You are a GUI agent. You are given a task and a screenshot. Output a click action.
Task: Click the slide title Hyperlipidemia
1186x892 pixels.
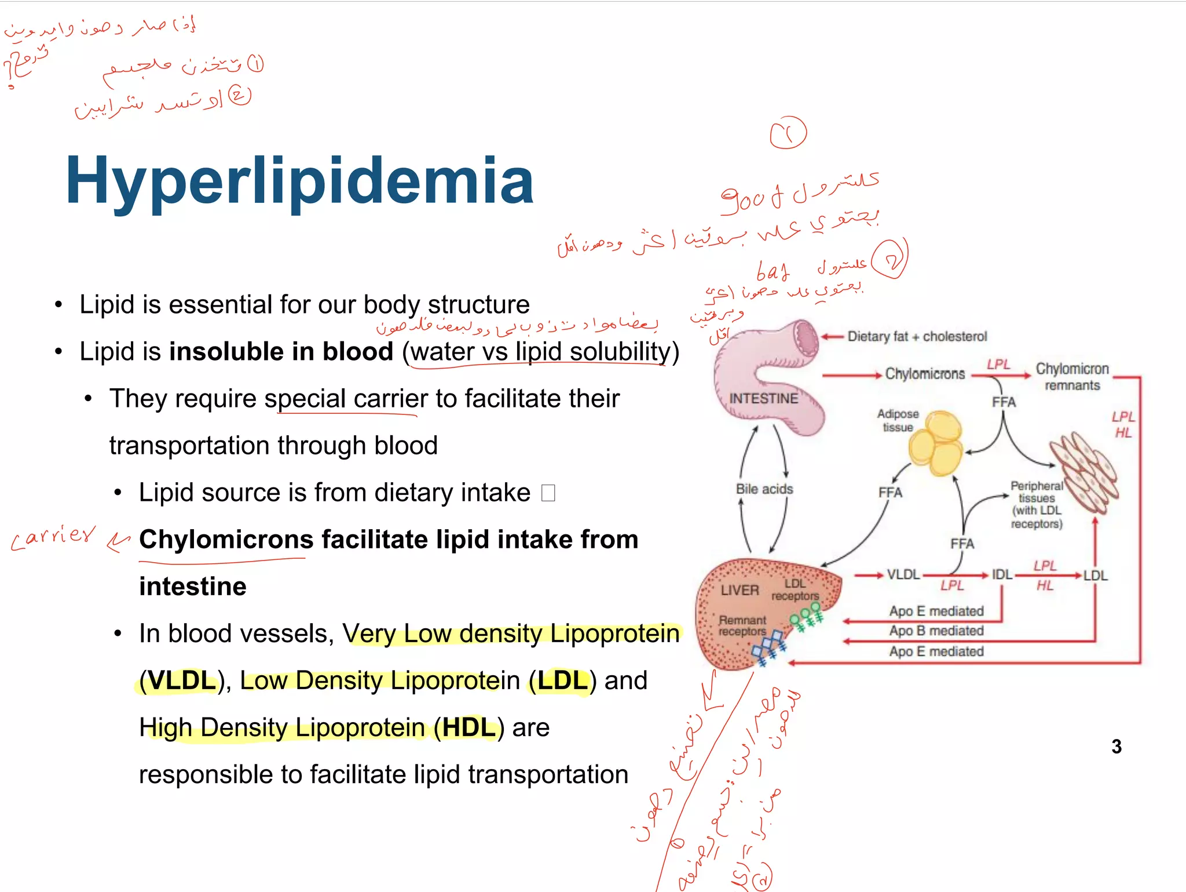click(x=299, y=181)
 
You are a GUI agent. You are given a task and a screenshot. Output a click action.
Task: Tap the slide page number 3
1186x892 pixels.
click(x=1116, y=747)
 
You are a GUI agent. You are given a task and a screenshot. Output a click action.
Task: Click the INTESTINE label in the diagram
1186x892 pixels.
click(x=763, y=399)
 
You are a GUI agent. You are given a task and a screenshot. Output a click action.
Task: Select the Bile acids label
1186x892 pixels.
click(x=764, y=489)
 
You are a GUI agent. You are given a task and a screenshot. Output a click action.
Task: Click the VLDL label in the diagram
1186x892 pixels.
click(x=903, y=575)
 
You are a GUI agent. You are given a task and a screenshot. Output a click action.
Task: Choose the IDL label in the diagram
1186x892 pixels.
click(x=1002, y=575)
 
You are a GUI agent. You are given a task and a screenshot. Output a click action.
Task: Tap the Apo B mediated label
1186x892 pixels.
click(x=936, y=631)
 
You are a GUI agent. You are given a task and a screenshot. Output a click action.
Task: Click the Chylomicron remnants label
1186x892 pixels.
click(x=1072, y=377)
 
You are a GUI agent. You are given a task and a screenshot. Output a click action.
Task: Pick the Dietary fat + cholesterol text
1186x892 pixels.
click(x=917, y=337)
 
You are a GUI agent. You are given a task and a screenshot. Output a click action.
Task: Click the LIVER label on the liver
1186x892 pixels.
click(x=740, y=591)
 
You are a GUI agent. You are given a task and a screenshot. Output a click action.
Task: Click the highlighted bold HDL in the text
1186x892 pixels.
click(x=468, y=728)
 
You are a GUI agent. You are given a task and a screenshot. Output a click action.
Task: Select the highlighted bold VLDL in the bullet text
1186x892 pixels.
click(x=182, y=681)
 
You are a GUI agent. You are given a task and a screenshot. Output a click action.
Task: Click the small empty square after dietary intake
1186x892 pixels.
click(x=548, y=493)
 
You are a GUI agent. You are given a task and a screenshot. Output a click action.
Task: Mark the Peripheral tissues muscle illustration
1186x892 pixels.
click(x=1084, y=472)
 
